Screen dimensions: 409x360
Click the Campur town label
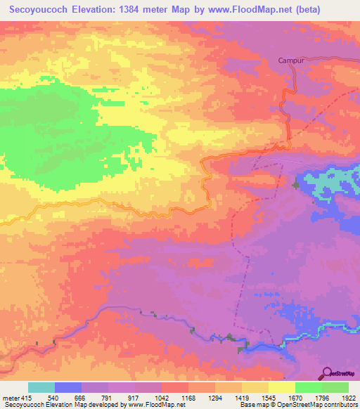click(x=291, y=60)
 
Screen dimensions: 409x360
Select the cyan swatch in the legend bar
click(x=41, y=387)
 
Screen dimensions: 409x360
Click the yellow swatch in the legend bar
click(x=281, y=387)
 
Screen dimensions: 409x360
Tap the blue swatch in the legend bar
click(x=68, y=387)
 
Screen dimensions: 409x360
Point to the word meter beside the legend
click(x=11, y=398)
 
